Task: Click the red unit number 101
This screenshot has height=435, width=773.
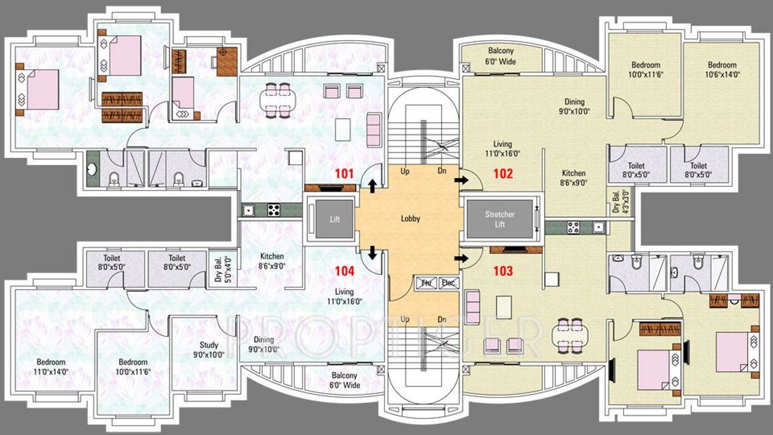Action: [x=344, y=173]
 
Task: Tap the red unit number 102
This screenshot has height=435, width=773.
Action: [x=503, y=173]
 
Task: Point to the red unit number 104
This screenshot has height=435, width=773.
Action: [x=344, y=270]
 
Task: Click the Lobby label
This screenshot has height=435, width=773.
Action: [x=411, y=218]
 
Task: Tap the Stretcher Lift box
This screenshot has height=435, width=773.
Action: [x=500, y=219]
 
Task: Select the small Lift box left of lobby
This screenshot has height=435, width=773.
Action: [x=334, y=219]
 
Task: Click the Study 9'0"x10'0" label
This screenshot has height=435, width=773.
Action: [x=208, y=350]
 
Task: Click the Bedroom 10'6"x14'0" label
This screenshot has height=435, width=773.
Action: [x=722, y=69]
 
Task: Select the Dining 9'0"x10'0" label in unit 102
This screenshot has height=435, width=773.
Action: [x=574, y=106]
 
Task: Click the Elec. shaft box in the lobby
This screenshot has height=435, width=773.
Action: [x=448, y=283]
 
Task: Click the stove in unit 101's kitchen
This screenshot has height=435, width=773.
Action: [x=273, y=210]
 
